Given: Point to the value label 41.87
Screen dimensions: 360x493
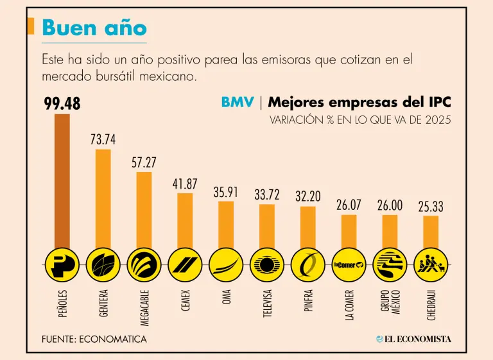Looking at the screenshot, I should tap(185, 184).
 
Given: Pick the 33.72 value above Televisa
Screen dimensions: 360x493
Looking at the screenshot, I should tap(266, 194).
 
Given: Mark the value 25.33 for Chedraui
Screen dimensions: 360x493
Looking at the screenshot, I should tap(431, 207).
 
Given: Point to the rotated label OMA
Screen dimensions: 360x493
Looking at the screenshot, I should tap(226, 297).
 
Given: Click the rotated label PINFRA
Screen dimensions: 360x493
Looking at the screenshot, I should tap(308, 301).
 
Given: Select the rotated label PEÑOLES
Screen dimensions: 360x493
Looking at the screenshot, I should tap(62, 302).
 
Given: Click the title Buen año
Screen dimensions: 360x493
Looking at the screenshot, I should tap(94, 28).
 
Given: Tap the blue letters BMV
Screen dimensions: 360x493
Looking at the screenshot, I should tap(238, 102).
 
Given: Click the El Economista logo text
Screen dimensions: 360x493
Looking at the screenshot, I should tap(413, 339).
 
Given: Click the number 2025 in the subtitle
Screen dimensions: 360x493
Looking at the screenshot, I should tap(436, 120).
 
